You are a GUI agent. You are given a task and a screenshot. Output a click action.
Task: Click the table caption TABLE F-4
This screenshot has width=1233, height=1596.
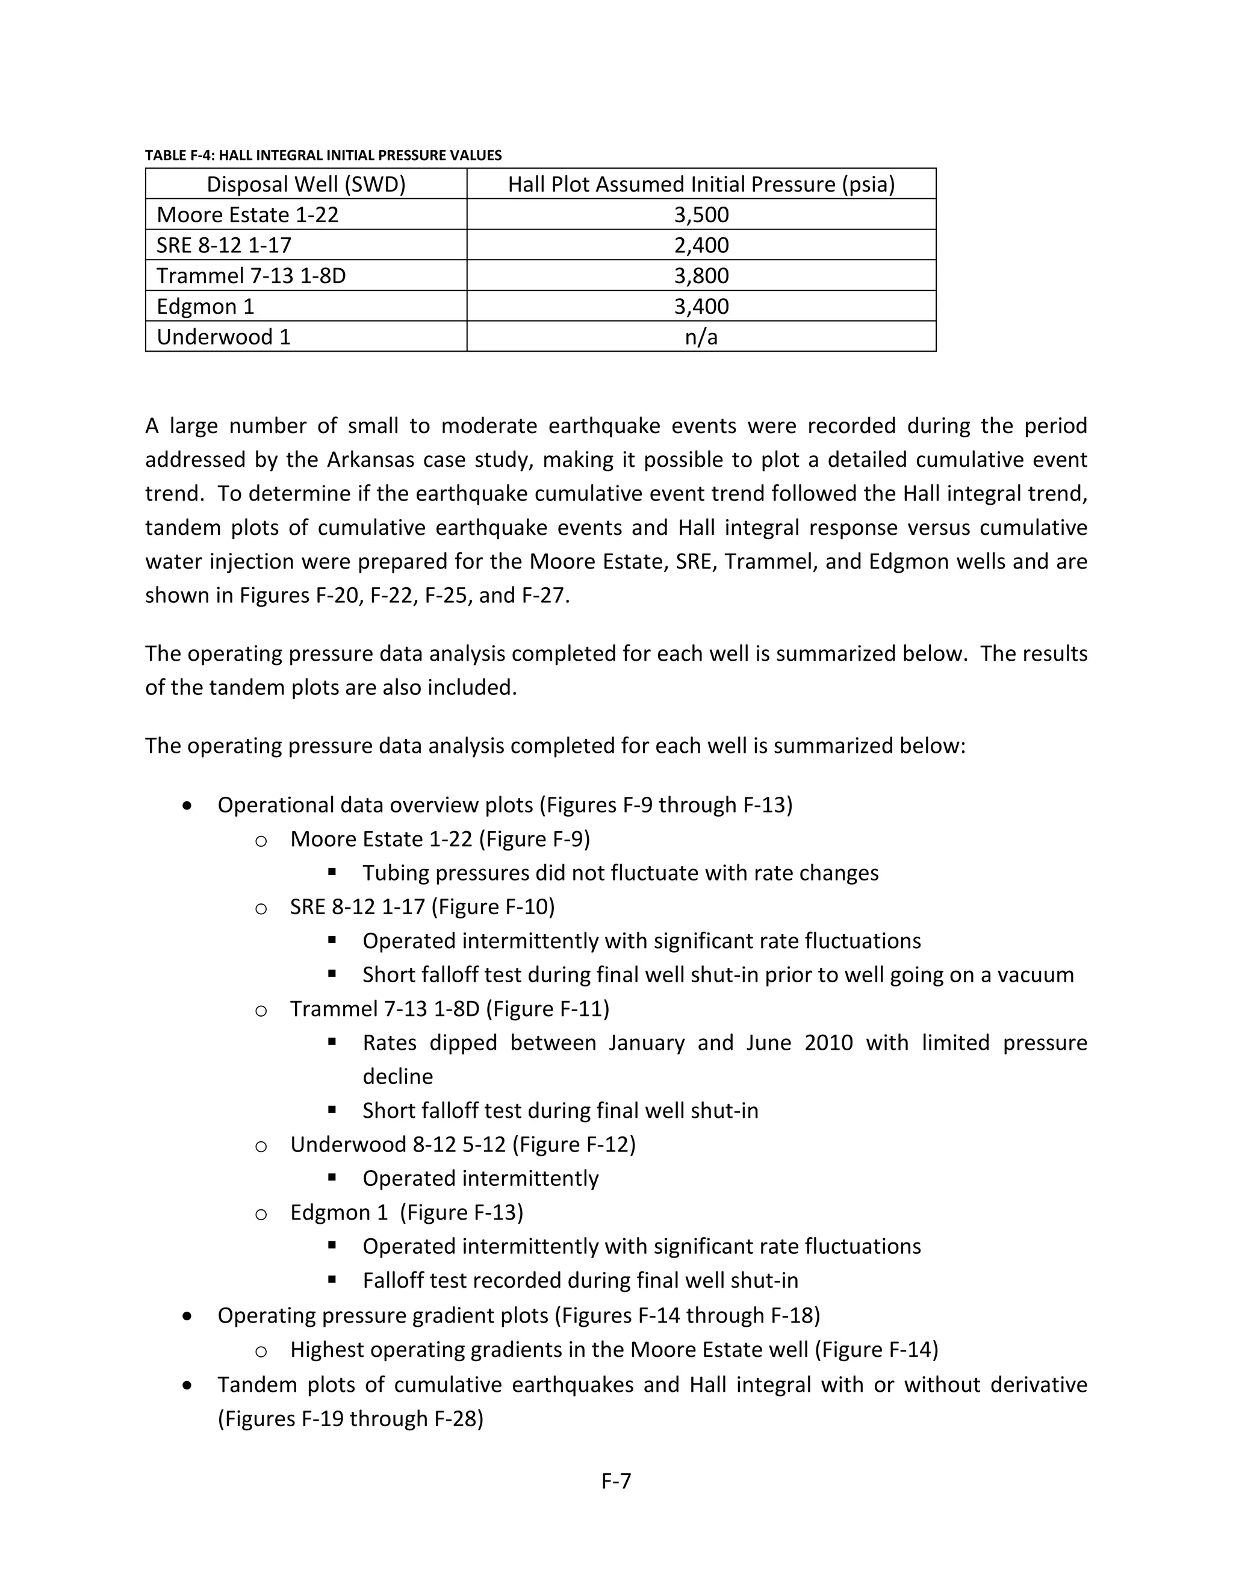(322, 155)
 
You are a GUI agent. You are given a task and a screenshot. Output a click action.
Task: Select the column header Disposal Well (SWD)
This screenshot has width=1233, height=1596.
(305, 184)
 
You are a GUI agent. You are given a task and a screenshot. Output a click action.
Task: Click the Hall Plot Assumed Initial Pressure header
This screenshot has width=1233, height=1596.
(701, 184)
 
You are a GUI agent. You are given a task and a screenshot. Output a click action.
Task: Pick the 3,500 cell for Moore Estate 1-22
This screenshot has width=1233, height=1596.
(701, 215)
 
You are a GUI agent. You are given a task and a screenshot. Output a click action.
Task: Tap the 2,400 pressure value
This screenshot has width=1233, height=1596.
(701, 246)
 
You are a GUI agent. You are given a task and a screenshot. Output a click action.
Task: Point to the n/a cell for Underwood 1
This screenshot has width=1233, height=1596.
(701, 337)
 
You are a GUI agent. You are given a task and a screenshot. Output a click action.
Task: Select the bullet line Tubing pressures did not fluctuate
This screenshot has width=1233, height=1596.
(620, 873)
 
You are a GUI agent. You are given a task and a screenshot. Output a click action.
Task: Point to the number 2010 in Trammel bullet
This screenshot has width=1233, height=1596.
(828, 1043)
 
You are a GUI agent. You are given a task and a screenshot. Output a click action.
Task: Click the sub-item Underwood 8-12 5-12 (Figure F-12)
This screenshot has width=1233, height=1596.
(462, 1144)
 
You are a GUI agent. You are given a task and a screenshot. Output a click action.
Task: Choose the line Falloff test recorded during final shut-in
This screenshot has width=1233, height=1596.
(580, 1281)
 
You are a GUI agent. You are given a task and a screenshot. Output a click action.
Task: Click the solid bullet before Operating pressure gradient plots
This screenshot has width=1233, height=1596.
(188, 1316)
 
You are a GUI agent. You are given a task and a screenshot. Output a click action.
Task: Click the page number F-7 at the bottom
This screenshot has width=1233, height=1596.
(616, 1482)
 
